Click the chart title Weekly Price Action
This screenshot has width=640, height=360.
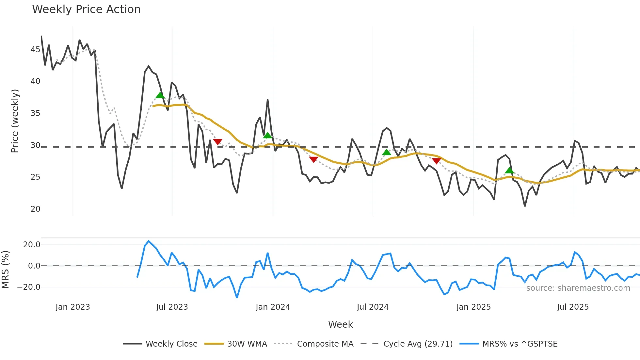(x=86, y=9)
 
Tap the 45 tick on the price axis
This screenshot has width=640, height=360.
(x=35, y=50)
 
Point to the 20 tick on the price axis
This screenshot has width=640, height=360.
(x=35, y=209)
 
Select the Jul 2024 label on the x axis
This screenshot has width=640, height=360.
(x=373, y=307)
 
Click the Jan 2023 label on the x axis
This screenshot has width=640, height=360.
(x=72, y=307)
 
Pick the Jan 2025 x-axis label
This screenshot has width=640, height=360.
(x=473, y=307)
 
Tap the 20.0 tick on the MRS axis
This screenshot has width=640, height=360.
(x=32, y=245)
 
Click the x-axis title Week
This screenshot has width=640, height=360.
(x=340, y=324)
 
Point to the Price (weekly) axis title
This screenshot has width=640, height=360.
(x=15, y=121)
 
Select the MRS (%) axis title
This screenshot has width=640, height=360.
(x=5, y=270)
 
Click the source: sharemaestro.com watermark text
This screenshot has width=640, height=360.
(x=578, y=288)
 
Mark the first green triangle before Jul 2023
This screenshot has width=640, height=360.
(x=160, y=95)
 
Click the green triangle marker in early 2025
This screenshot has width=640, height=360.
(x=509, y=170)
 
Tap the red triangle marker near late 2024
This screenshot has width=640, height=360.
(x=437, y=161)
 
